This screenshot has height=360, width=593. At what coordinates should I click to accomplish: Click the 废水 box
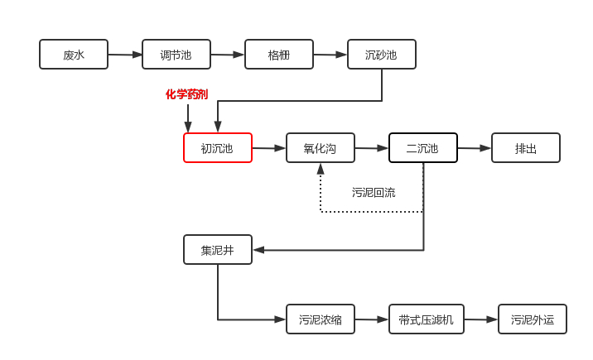pos(74,55)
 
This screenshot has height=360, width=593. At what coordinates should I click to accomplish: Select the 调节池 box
pos(176,55)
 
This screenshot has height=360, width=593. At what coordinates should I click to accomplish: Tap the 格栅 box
pos(279,55)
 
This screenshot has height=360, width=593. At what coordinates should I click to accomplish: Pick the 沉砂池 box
pos(382,55)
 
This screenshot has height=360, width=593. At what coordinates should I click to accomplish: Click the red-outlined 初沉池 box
pos(218,148)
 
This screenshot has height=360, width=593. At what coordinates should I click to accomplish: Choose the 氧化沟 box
pos(321,148)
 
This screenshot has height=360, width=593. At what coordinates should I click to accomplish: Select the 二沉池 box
pos(423,148)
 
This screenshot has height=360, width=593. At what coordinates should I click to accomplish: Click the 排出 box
pos(526,148)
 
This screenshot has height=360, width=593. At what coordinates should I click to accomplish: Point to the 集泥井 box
pos(218,249)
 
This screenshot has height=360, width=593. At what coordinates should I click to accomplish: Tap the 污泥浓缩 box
pos(321,319)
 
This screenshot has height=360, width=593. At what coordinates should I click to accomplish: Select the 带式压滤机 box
pos(427,319)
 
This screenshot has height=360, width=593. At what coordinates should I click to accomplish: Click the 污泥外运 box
pos(533,319)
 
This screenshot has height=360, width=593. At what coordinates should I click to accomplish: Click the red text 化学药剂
pos(187,94)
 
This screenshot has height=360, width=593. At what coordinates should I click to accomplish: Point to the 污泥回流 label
pos(374,193)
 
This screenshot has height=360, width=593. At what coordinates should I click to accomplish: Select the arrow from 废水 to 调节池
pos(125,55)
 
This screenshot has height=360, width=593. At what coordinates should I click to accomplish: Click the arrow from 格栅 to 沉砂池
pos(330,55)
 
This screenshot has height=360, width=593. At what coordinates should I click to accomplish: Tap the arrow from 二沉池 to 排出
pos(475,148)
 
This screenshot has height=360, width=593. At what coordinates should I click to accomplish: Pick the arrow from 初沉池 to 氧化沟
pos(269,148)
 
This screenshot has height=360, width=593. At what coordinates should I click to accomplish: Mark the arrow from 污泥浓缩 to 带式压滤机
pos(372,319)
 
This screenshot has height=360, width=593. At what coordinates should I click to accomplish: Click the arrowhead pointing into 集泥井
pos(258,249)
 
